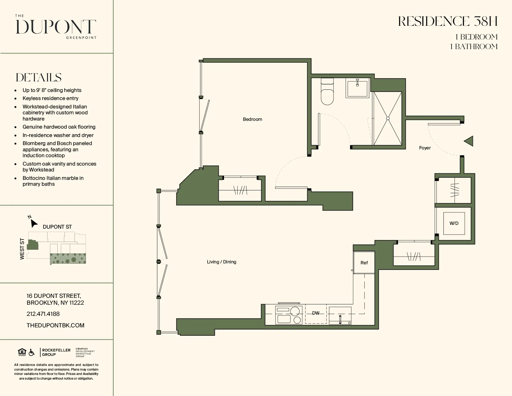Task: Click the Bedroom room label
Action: pyautogui.click(x=252, y=119)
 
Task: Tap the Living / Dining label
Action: pyautogui.click(x=222, y=262)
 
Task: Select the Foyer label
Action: pyautogui.click(x=425, y=148)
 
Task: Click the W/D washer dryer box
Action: pyautogui.click(x=454, y=223)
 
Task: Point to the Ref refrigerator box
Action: pyautogui.click(x=364, y=263)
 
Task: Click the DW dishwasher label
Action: pyautogui.click(x=316, y=313)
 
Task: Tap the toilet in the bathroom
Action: pyautogui.click(x=327, y=94)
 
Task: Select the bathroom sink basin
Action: pyautogui.click(x=357, y=88)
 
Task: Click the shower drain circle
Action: pyautogui.click(x=388, y=118)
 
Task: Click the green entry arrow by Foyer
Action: pyautogui.click(x=469, y=141)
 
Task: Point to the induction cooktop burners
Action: pyautogui.click(x=289, y=315)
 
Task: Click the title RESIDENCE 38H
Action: pyautogui.click(x=448, y=21)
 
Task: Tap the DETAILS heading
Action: pyautogui.click(x=39, y=77)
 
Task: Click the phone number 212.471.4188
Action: pyautogui.click(x=43, y=314)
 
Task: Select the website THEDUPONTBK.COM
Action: pyautogui.click(x=56, y=325)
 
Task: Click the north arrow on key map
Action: pyautogui.click(x=34, y=223)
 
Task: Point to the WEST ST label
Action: pyautogui.click(x=22, y=249)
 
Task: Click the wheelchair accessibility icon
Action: pyautogui.click(x=32, y=352)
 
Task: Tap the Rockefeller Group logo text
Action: pyautogui.click(x=56, y=352)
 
